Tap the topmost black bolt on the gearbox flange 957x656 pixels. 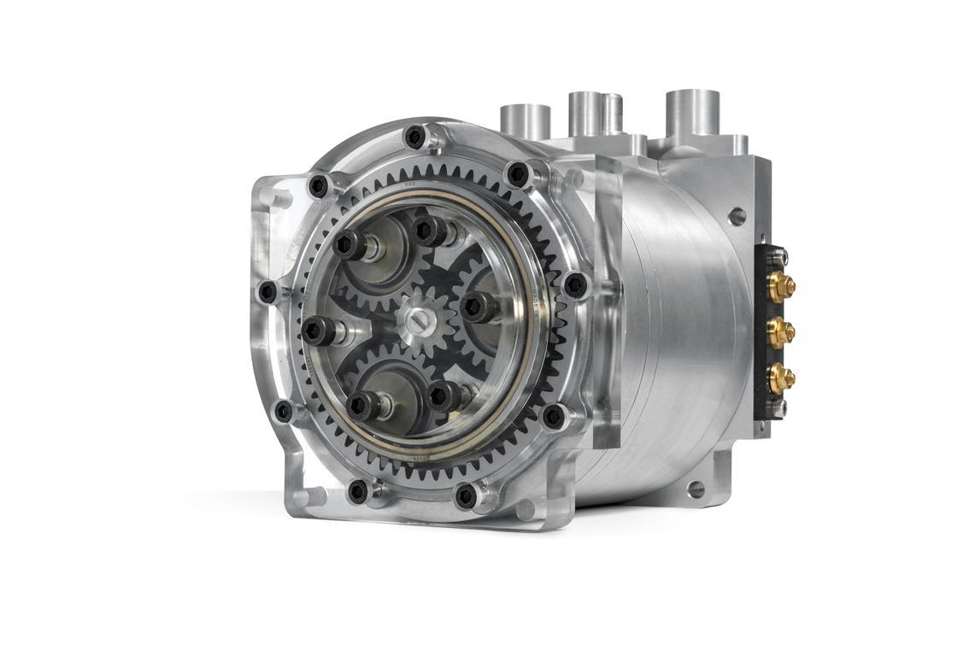coord(414,136)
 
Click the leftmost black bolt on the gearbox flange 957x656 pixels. coord(267,292)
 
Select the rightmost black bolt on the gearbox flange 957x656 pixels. coord(575,284)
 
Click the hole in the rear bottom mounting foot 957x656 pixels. coord(696,489)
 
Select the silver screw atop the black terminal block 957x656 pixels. coord(779,253)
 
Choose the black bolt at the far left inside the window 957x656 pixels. coord(317,330)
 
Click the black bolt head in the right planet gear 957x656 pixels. coord(475,306)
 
